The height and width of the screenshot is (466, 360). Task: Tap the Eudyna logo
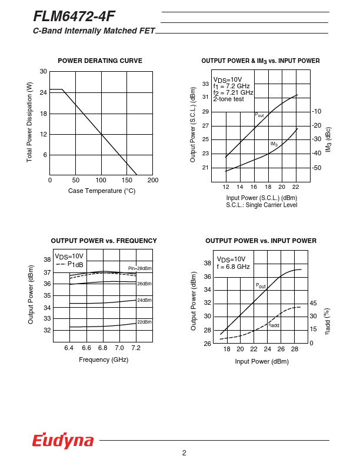coord(63,441)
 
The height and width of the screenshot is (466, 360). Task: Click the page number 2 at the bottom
coord(184,453)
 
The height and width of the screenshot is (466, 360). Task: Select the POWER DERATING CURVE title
coord(100,61)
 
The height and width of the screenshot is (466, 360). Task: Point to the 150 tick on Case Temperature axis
coord(128,180)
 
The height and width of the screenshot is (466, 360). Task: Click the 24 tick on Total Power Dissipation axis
coord(43,93)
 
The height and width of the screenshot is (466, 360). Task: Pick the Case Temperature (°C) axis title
coord(101,191)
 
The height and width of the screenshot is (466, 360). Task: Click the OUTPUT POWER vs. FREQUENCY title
coord(104,241)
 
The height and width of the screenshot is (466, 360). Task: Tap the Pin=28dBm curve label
coord(140,268)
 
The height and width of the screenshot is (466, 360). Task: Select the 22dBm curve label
coord(145,322)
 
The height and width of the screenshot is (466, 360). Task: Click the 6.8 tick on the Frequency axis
coord(102,348)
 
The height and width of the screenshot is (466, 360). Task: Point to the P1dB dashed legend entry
coord(71,264)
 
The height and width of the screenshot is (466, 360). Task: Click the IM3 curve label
coord(274,144)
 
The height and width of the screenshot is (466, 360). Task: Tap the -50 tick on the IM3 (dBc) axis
coord(316,168)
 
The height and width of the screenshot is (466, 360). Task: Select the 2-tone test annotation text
coord(228,99)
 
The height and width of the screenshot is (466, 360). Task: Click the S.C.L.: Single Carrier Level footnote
coord(262,205)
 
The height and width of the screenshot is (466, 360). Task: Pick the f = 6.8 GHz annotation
coord(234,267)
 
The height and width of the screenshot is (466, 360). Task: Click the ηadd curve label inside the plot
coord(274,325)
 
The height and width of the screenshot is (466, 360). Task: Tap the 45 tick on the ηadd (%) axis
coord(314,303)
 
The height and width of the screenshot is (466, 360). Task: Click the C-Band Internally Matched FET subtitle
coord(94,31)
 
